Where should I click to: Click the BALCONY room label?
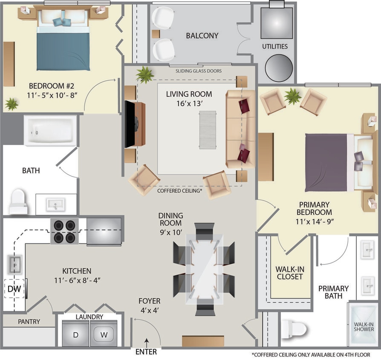pyautogui.click(x=202, y=36)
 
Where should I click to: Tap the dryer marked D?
pyautogui.click(x=75, y=334)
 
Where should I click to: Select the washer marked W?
pyautogui.click(x=104, y=334)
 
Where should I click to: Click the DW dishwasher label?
pyautogui.click(x=13, y=289)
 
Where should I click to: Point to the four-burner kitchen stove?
pyautogui.click(x=64, y=231)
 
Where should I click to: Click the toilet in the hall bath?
pyautogui.click(x=18, y=202)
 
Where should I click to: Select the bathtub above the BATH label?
pyautogui.click(x=50, y=131)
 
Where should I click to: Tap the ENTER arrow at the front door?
pyautogui.click(x=146, y=341)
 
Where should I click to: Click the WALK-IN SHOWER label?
pyautogui.click(x=364, y=326)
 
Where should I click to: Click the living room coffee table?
pyautogui.click(x=208, y=130)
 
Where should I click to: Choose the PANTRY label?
pyautogui.click(x=29, y=321)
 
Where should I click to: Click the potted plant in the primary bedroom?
pyautogui.click(x=293, y=96)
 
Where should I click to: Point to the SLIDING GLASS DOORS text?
pyautogui.click(x=199, y=71)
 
